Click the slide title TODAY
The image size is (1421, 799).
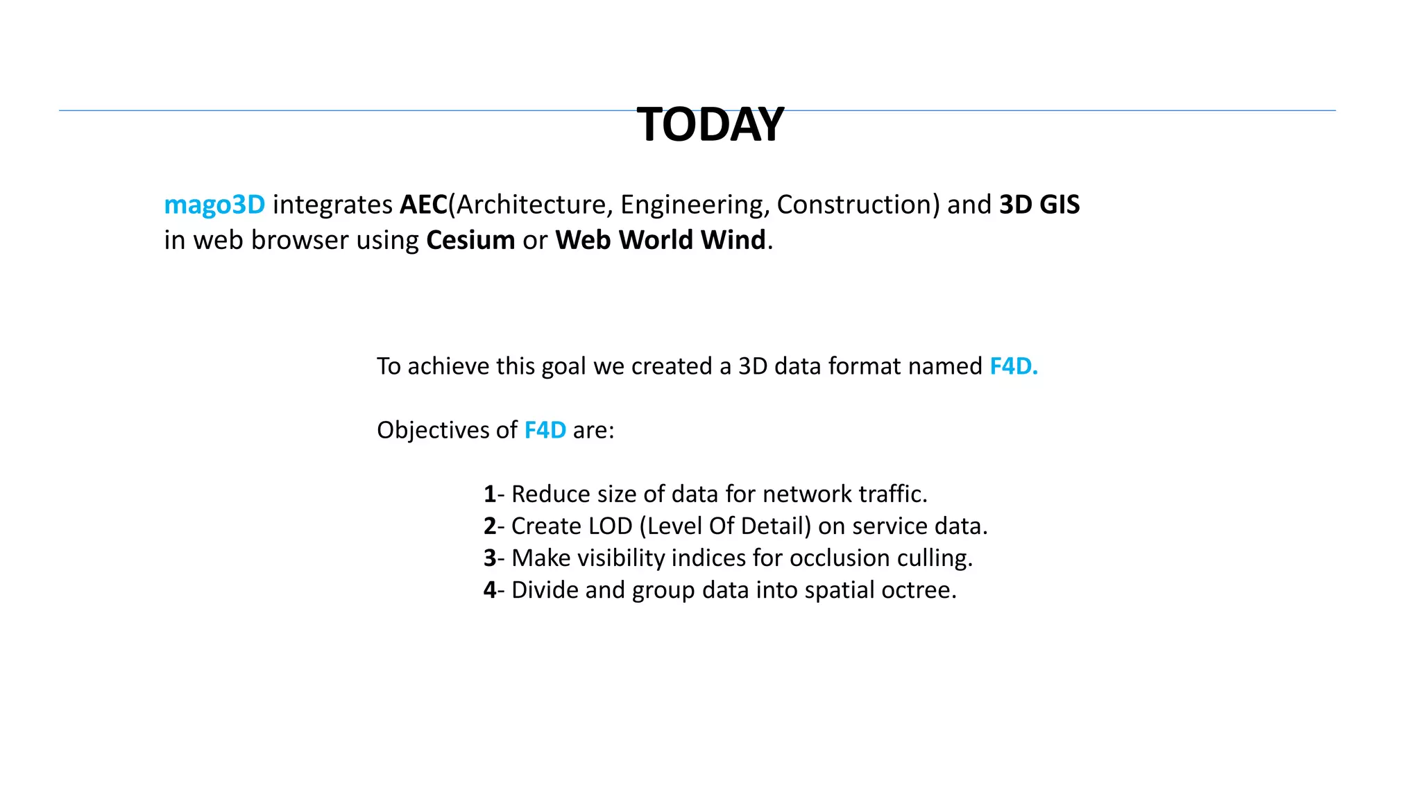710,125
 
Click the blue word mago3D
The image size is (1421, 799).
214,205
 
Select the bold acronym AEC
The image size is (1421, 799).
423,205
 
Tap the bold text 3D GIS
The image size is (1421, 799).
1039,205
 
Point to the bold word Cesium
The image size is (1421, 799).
470,240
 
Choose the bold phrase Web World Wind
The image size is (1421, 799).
660,240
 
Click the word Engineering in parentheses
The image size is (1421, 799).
695,205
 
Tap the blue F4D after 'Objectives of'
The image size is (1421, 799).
545,430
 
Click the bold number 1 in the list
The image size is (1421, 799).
489,495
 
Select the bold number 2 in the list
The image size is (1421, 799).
489,526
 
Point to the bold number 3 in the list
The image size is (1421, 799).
489,558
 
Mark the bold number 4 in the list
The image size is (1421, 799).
489,590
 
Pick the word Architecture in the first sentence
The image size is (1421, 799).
531,205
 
